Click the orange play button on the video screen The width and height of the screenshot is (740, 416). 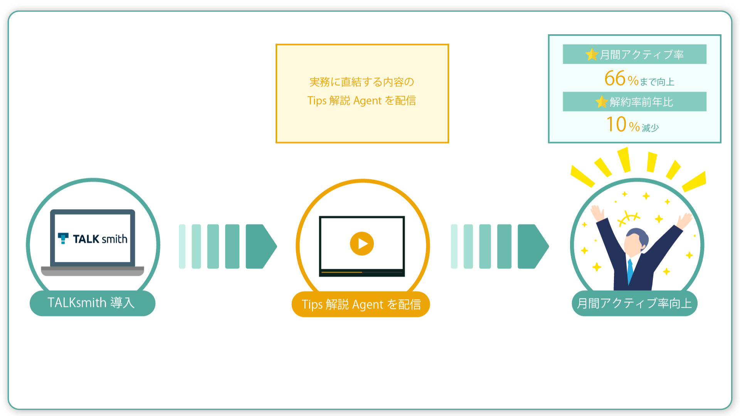tap(362, 243)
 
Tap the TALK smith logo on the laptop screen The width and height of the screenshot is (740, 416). tap(92, 239)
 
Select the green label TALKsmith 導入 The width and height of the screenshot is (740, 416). tap(92, 303)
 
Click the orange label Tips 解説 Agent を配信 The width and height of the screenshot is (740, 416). tap(361, 304)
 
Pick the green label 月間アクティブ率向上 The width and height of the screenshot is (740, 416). tap(634, 303)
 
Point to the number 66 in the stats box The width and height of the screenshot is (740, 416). tap(615, 78)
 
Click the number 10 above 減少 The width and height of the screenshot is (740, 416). tap(616, 124)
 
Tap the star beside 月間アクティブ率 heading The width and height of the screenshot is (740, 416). tap(592, 54)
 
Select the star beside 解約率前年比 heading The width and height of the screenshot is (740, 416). tap(601, 102)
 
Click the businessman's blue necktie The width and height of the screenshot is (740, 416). tap(630, 271)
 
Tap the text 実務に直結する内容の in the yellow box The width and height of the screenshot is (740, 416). tap(362, 82)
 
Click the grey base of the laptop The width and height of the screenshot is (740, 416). tap(92, 271)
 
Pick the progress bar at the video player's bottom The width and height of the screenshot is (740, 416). tap(362, 273)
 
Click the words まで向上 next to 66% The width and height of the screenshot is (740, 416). tap(657, 82)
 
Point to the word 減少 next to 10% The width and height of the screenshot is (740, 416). tap(650, 127)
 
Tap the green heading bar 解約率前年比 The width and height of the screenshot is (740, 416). tap(634, 102)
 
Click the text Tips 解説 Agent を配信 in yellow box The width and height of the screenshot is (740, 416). tap(362, 101)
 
